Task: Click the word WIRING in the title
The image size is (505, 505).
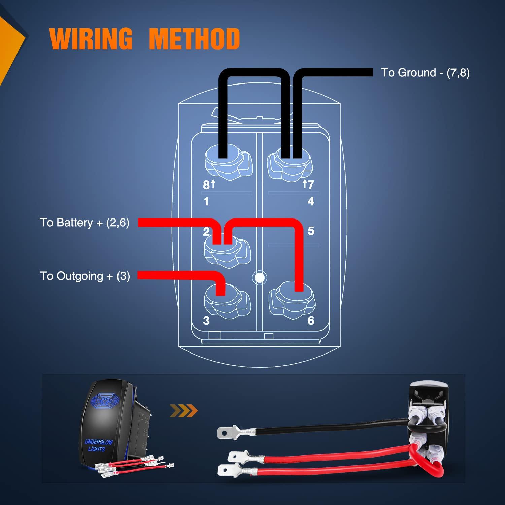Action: point(91,39)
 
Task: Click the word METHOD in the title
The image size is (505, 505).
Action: point(194,39)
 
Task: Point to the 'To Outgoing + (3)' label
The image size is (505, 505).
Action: point(85,276)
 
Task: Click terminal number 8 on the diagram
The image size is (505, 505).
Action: point(206,185)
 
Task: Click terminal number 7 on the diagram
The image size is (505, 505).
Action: point(310,184)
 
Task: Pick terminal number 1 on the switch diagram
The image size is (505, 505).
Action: point(206,201)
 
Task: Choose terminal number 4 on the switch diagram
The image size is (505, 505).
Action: point(311,201)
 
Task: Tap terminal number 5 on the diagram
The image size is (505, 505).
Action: point(311,231)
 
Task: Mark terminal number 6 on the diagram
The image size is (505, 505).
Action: point(311,321)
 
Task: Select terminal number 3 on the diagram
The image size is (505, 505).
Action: point(206,321)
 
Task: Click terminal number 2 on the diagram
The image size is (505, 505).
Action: point(206,232)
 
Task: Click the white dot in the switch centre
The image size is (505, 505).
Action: point(259,278)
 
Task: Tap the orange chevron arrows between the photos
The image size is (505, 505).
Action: point(183,411)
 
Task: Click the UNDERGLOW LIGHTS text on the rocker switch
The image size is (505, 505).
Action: point(98,445)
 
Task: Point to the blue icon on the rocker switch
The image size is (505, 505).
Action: point(105,401)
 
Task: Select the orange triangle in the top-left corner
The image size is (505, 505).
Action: point(10,40)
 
